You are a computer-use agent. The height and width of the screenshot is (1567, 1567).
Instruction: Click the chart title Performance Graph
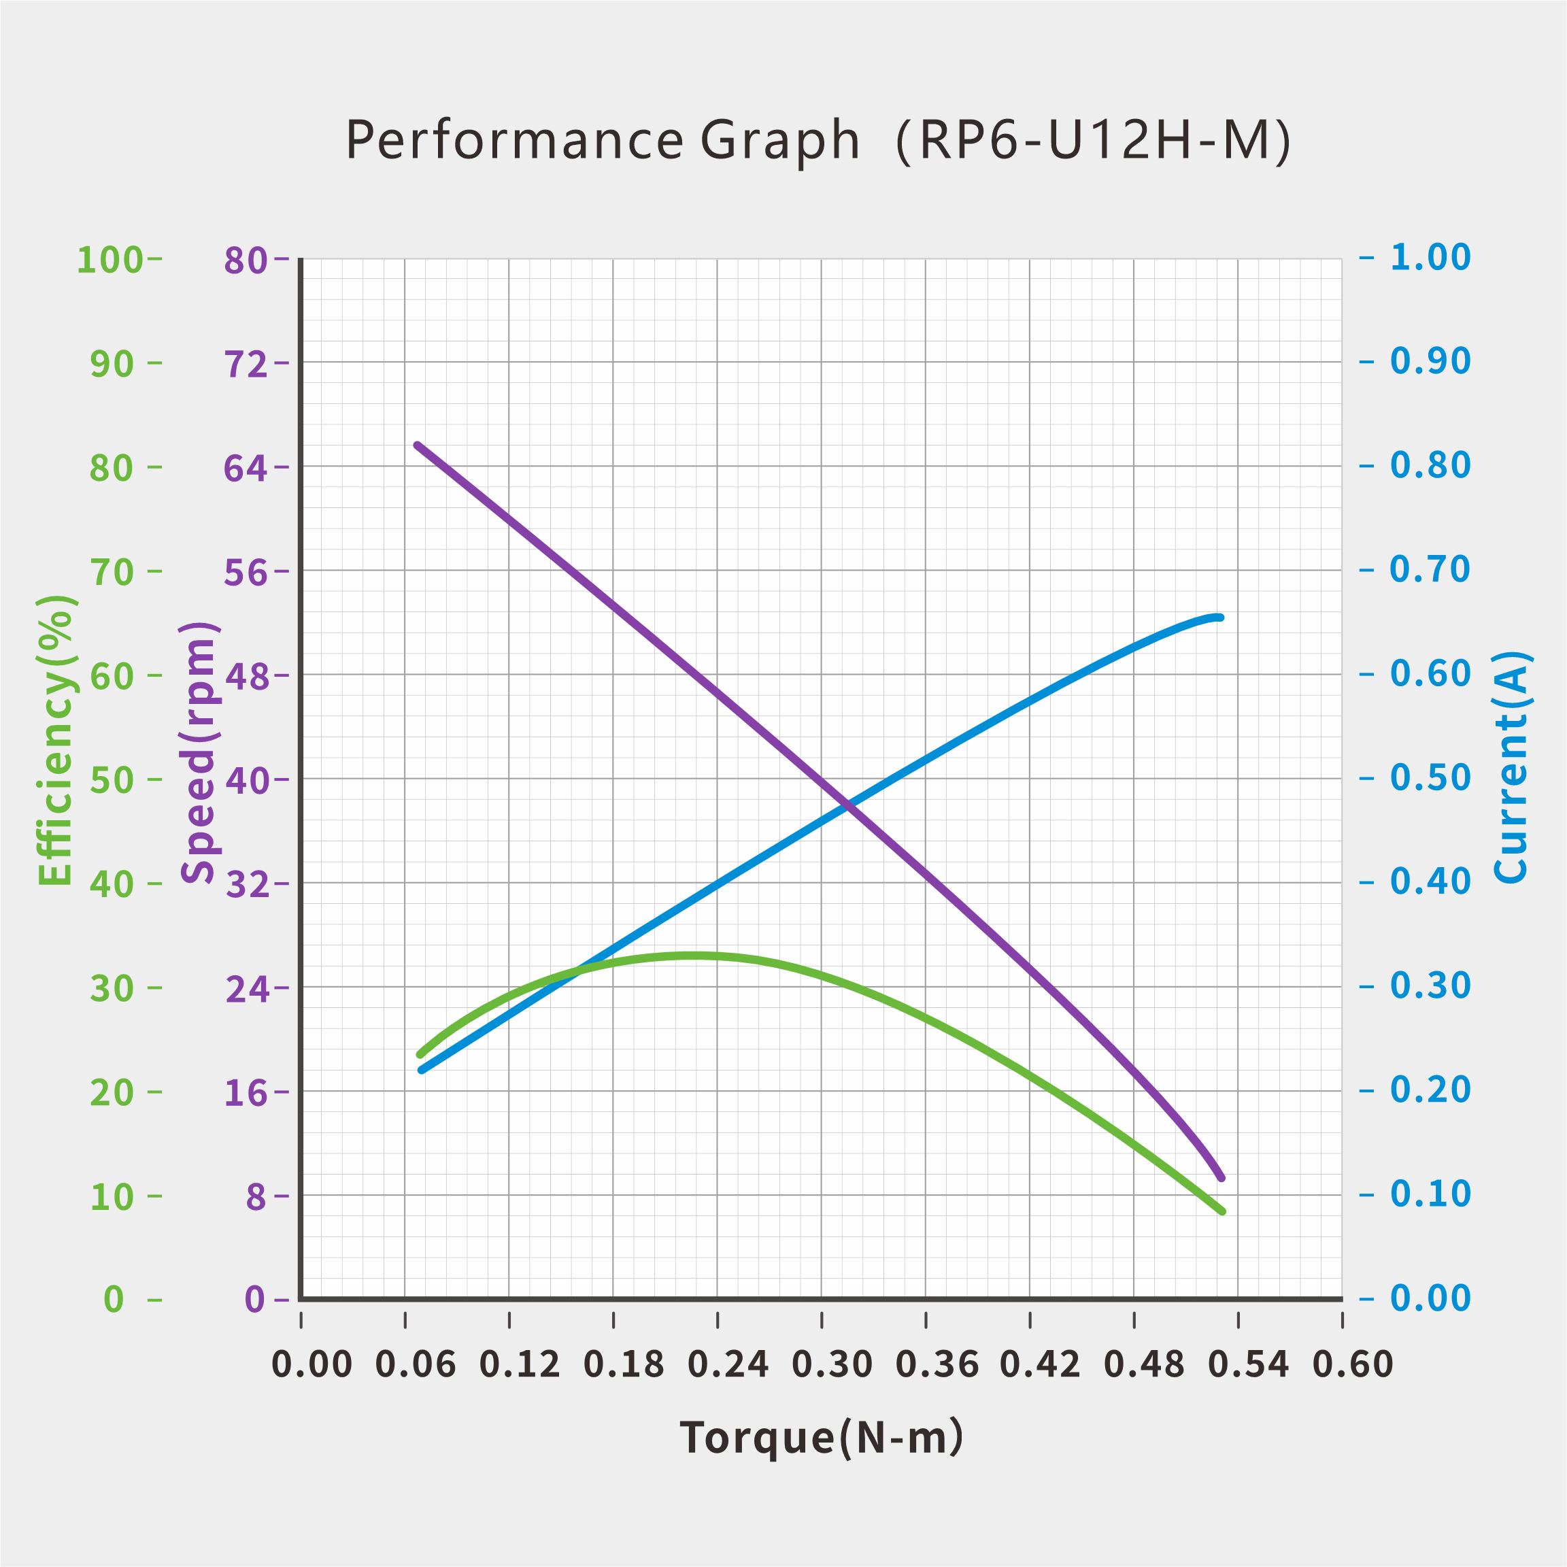coord(602,140)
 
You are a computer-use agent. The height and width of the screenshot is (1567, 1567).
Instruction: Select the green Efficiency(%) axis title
coord(56,740)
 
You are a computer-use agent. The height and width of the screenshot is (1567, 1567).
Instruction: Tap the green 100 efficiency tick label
coord(109,260)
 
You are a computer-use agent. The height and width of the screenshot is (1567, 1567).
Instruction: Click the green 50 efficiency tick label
coord(112,780)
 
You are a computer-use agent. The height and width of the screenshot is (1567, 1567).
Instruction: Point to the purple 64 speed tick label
coord(246,468)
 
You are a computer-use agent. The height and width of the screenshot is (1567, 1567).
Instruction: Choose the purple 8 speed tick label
coord(256,1196)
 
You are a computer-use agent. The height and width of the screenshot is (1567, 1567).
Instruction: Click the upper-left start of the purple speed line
coord(418,445)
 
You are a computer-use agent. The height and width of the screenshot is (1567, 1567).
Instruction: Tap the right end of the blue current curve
coord(1220,618)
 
